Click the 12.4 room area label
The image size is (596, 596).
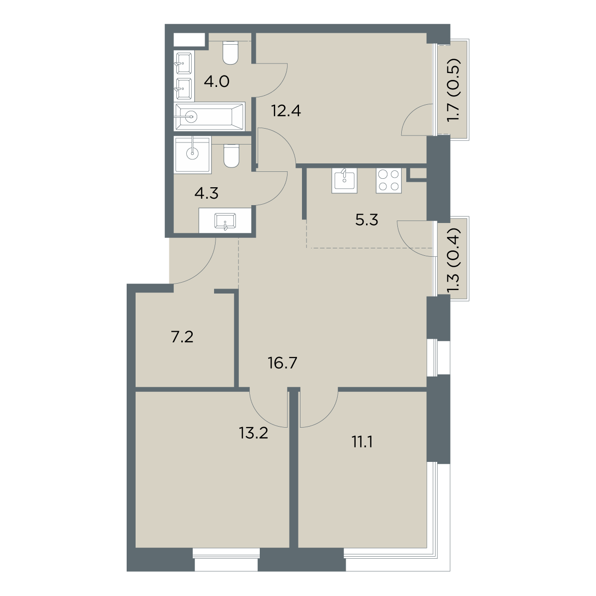point(286,111)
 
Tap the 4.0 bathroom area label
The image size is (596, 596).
point(217,82)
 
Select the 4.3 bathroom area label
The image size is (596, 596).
point(206,193)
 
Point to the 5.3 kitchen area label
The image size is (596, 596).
point(367,221)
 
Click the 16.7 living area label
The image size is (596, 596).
point(283,363)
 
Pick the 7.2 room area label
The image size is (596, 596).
point(182,337)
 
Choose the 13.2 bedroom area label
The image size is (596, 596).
point(253,433)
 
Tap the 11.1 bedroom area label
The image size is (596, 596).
point(362,443)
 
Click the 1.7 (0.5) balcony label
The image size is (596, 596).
point(454,90)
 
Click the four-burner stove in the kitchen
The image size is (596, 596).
point(389,181)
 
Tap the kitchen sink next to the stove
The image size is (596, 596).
point(344,181)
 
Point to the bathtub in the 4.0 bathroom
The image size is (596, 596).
point(210,117)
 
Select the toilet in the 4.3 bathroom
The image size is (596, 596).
point(231,156)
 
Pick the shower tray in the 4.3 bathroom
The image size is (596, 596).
point(192,154)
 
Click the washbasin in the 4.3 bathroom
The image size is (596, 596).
point(225,221)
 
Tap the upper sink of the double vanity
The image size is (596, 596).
point(184,63)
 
